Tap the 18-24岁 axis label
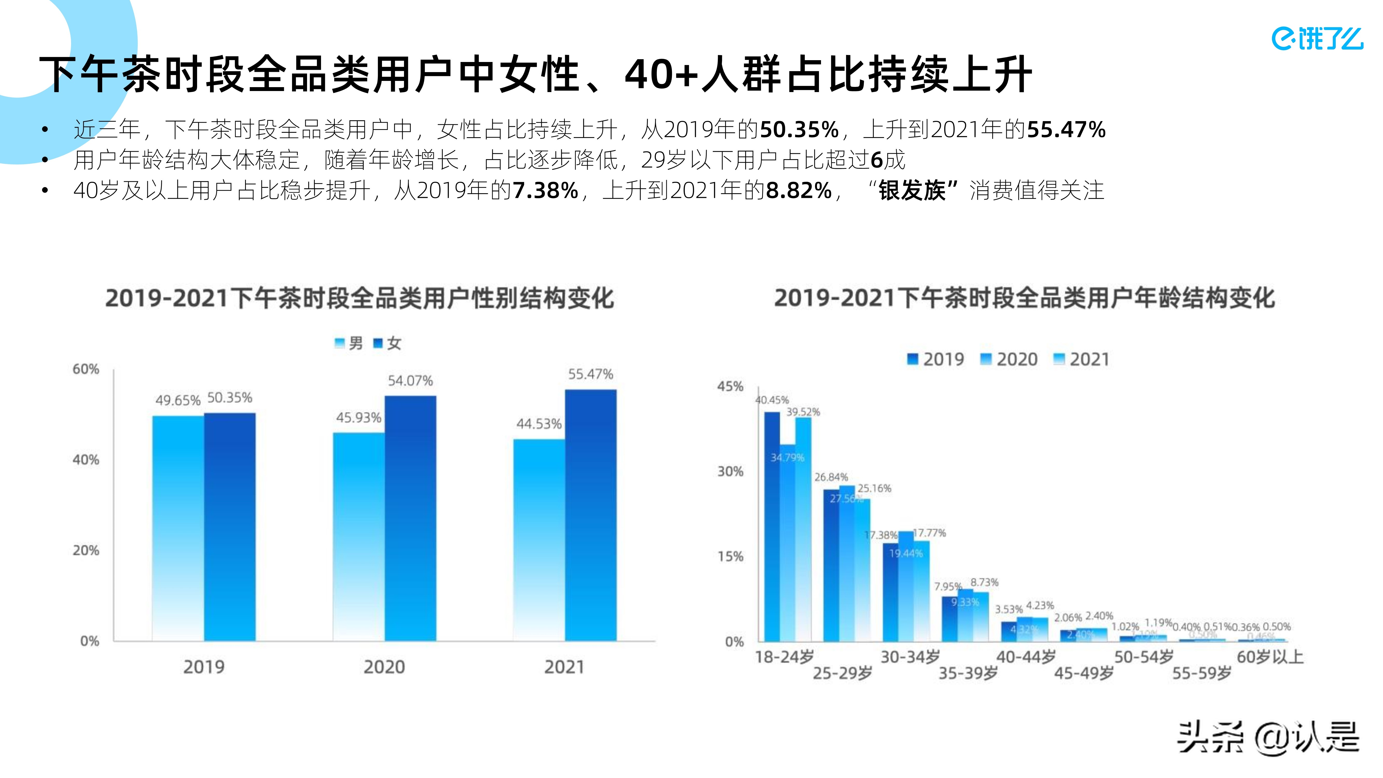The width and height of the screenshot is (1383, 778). point(784,657)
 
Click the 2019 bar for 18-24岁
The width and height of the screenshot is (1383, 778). point(772,526)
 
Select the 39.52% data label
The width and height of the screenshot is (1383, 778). point(803,412)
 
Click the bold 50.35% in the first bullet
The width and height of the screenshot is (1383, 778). point(799,129)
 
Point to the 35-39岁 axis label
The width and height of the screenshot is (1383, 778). point(968,673)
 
